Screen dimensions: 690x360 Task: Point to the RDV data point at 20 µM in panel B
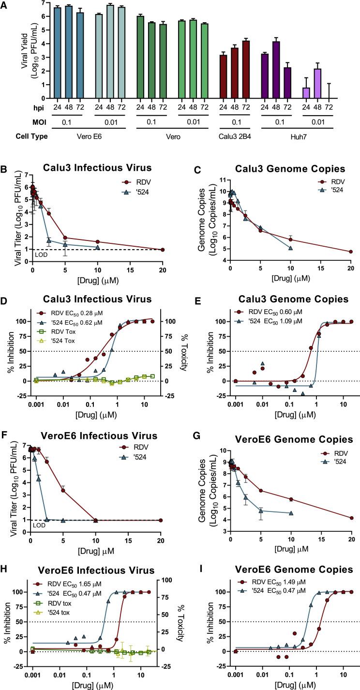pyautogui.click(x=163, y=250)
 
